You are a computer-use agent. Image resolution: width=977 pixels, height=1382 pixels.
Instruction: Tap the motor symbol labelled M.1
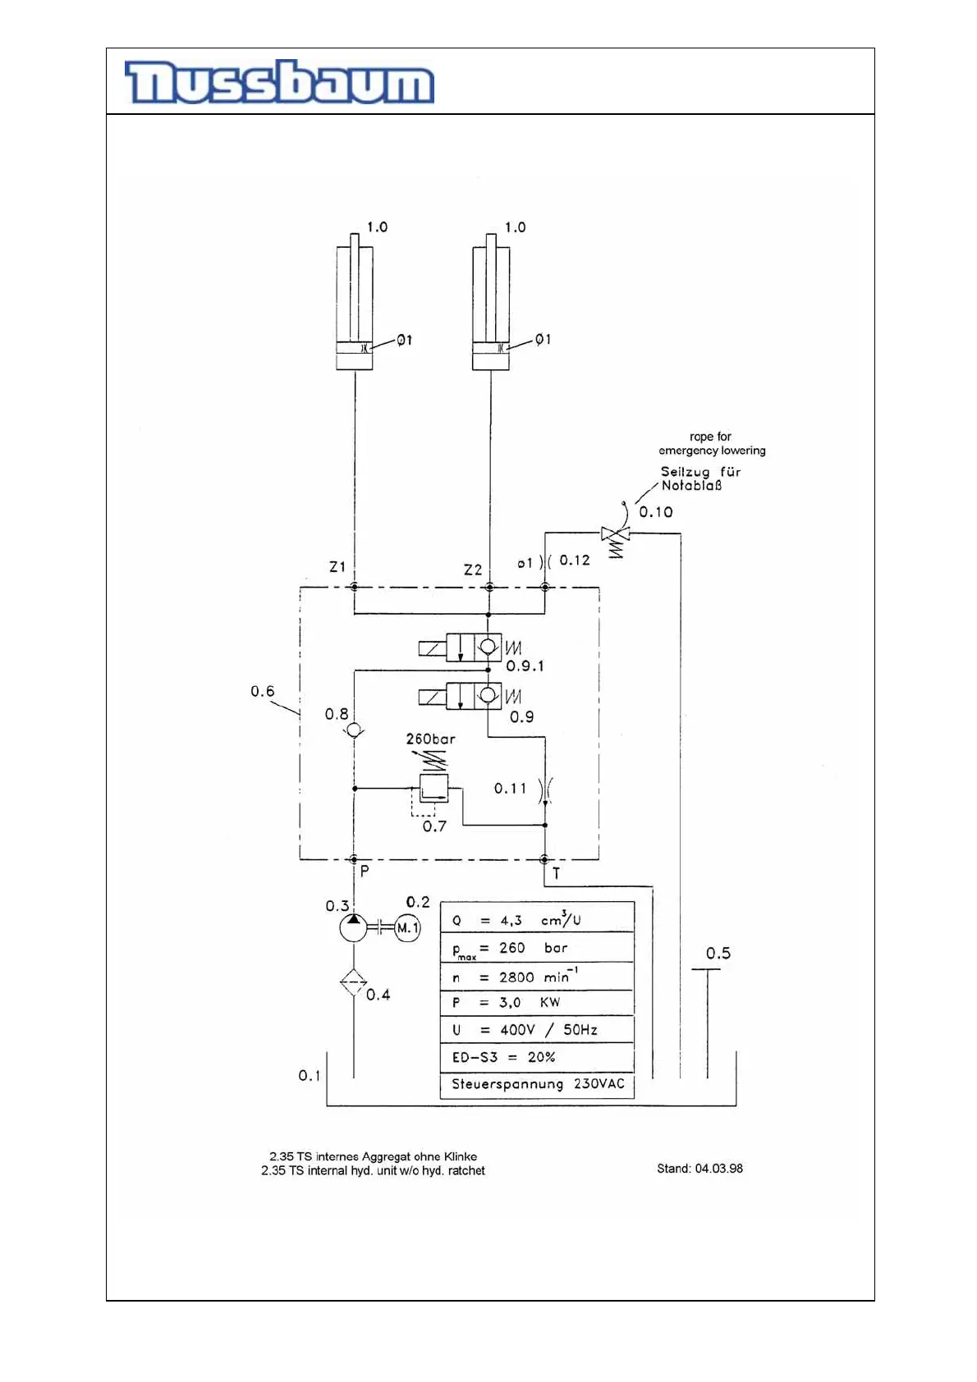[x=407, y=928]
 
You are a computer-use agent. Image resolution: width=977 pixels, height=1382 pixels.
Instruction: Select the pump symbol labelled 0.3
[x=354, y=928]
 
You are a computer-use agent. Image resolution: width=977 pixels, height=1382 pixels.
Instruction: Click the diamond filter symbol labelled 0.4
[x=354, y=982]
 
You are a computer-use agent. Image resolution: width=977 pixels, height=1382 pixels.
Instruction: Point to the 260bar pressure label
[x=430, y=739]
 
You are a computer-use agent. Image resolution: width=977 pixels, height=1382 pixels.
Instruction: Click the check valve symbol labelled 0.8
[x=354, y=730]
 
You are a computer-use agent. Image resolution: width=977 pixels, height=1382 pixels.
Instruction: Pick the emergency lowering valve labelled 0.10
[x=615, y=535]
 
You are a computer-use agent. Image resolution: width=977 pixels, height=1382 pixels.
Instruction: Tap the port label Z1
[x=337, y=567]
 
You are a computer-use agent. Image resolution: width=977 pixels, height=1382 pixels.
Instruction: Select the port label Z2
[x=473, y=570]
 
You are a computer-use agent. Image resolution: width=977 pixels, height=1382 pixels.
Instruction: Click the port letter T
[x=557, y=873]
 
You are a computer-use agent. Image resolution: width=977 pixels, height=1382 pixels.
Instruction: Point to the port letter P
[x=365, y=872]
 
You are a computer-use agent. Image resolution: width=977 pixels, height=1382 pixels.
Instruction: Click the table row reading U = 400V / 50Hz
[x=537, y=1030]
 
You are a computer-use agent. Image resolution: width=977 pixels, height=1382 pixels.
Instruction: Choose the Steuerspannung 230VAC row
[x=537, y=1084]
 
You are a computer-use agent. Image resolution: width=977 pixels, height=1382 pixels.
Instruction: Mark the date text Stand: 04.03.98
[x=699, y=1169]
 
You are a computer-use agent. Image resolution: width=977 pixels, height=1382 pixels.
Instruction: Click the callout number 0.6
[x=263, y=692]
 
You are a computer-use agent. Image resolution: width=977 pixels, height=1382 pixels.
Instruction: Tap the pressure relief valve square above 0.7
[x=433, y=788]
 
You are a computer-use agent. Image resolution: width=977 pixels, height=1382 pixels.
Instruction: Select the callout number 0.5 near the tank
[x=718, y=954]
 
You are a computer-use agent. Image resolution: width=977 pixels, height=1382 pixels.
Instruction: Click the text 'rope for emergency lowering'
[x=712, y=444]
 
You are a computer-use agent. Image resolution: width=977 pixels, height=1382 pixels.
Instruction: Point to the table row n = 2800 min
[x=537, y=977]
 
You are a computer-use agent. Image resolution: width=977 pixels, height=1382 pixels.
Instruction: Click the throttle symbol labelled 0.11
[x=545, y=789]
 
